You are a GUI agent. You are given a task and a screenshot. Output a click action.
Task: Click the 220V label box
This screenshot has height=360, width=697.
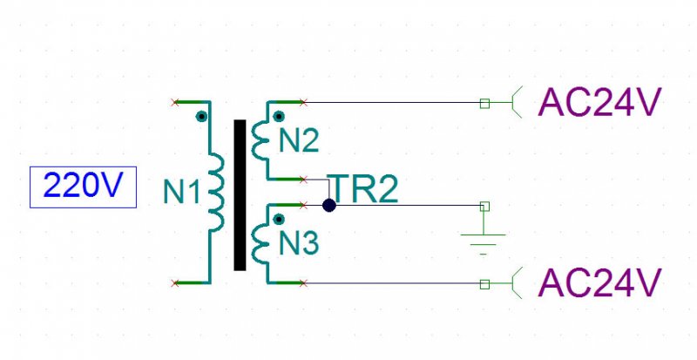[83, 187]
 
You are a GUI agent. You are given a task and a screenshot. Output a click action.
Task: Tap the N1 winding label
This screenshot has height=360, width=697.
[182, 192]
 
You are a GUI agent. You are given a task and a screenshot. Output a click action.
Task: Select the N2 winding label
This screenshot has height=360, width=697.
[299, 140]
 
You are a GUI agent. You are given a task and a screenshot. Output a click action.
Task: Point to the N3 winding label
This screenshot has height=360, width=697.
[299, 243]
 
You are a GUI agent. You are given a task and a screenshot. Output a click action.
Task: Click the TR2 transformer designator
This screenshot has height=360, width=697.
[364, 188]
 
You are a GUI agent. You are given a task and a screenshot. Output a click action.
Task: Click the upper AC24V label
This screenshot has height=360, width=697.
[599, 102]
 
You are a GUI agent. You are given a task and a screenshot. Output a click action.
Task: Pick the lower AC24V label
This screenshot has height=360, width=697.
[599, 283]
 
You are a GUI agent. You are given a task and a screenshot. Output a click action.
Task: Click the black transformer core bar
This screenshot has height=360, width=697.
[240, 195]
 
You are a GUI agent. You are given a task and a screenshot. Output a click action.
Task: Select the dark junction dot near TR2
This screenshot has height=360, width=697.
[329, 206]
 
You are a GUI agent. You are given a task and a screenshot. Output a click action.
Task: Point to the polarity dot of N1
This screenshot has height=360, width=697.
[202, 117]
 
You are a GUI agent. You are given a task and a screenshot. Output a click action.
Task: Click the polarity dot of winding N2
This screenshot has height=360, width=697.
[279, 117]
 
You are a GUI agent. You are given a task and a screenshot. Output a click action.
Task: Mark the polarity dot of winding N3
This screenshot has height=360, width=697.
[279, 219]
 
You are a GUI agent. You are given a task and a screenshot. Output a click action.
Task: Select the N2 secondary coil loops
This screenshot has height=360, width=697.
[259, 140]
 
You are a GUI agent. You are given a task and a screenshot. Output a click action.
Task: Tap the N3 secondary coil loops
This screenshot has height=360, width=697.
[259, 244]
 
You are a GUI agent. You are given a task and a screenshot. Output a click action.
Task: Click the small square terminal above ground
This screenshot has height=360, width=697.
[485, 206]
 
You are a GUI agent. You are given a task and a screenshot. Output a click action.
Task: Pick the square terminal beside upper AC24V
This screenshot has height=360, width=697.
[485, 104]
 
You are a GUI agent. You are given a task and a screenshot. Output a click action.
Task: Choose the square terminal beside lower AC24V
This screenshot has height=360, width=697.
[485, 284]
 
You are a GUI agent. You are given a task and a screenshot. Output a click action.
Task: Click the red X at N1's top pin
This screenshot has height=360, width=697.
[175, 103]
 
